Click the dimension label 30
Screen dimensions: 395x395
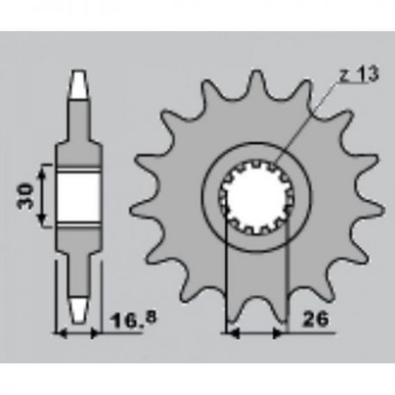[25, 196]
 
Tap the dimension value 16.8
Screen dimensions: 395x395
[134, 320]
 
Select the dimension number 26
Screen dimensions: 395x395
[315, 319]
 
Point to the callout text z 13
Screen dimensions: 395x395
[359, 74]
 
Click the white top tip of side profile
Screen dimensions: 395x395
[78, 84]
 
